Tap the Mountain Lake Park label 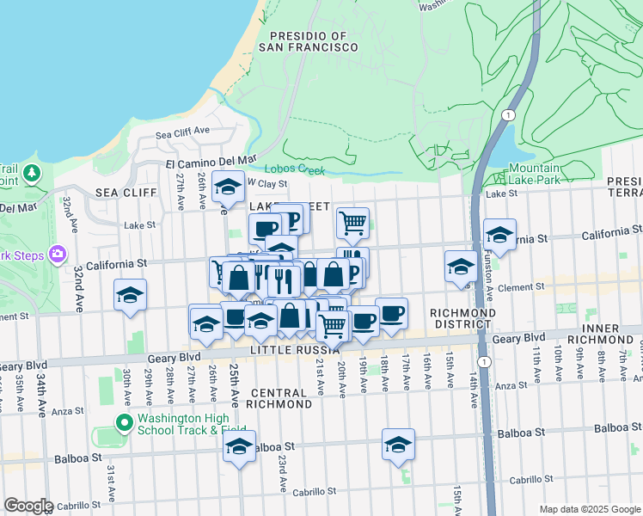(534, 174)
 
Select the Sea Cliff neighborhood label (119, 192)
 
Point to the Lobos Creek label (295, 169)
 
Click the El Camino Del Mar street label (211, 160)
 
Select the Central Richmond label (280, 397)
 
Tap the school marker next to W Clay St (228, 186)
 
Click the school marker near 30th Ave (130, 295)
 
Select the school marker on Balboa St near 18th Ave (398, 444)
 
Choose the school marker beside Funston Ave (499, 234)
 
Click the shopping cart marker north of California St (352, 223)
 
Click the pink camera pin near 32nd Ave (58, 254)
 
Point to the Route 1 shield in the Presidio (509, 114)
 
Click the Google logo (28, 506)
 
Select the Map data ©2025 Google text (589, 509)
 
